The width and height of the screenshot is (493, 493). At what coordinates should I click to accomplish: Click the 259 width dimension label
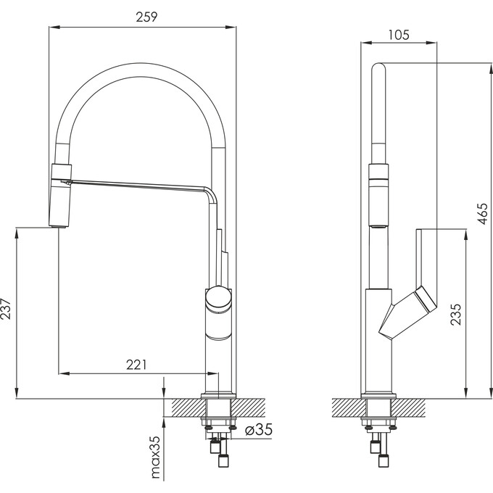147,17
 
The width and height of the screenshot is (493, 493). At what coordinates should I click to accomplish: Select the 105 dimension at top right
398,33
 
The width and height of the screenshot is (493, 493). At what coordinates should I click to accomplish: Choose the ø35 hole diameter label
259,430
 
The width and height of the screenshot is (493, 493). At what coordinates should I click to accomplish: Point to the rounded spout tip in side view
379,72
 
